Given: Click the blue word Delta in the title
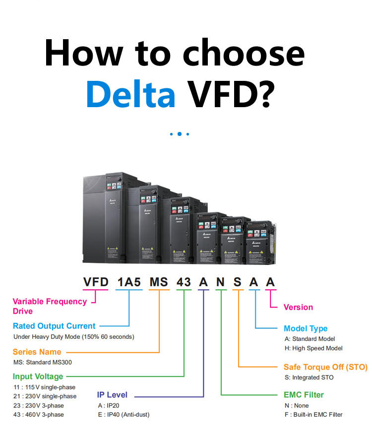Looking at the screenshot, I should (130, 92).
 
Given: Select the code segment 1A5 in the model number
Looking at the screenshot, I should (129, 282).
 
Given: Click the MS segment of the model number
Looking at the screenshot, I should (159, 282).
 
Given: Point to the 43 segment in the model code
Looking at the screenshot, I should (184, 282).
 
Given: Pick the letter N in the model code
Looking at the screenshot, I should (220, 282).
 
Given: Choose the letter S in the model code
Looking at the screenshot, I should (238, 282).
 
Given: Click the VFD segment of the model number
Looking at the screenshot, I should (96, 282).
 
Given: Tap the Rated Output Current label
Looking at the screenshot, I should (54, 326).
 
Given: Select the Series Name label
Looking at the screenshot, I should (37, 352).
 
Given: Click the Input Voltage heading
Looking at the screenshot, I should (38, 377).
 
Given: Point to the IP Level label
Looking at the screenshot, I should (112, 395).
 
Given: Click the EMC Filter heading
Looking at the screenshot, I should (304, 395).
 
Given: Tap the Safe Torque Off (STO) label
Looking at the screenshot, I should (325, 367).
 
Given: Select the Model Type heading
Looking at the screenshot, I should (306, 328).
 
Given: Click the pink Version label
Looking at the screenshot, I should (298, 307).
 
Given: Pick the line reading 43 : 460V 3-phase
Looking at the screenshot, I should (38, 414).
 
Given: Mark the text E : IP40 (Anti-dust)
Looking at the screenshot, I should (124, 414).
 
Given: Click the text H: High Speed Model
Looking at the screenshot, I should (313, 348).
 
